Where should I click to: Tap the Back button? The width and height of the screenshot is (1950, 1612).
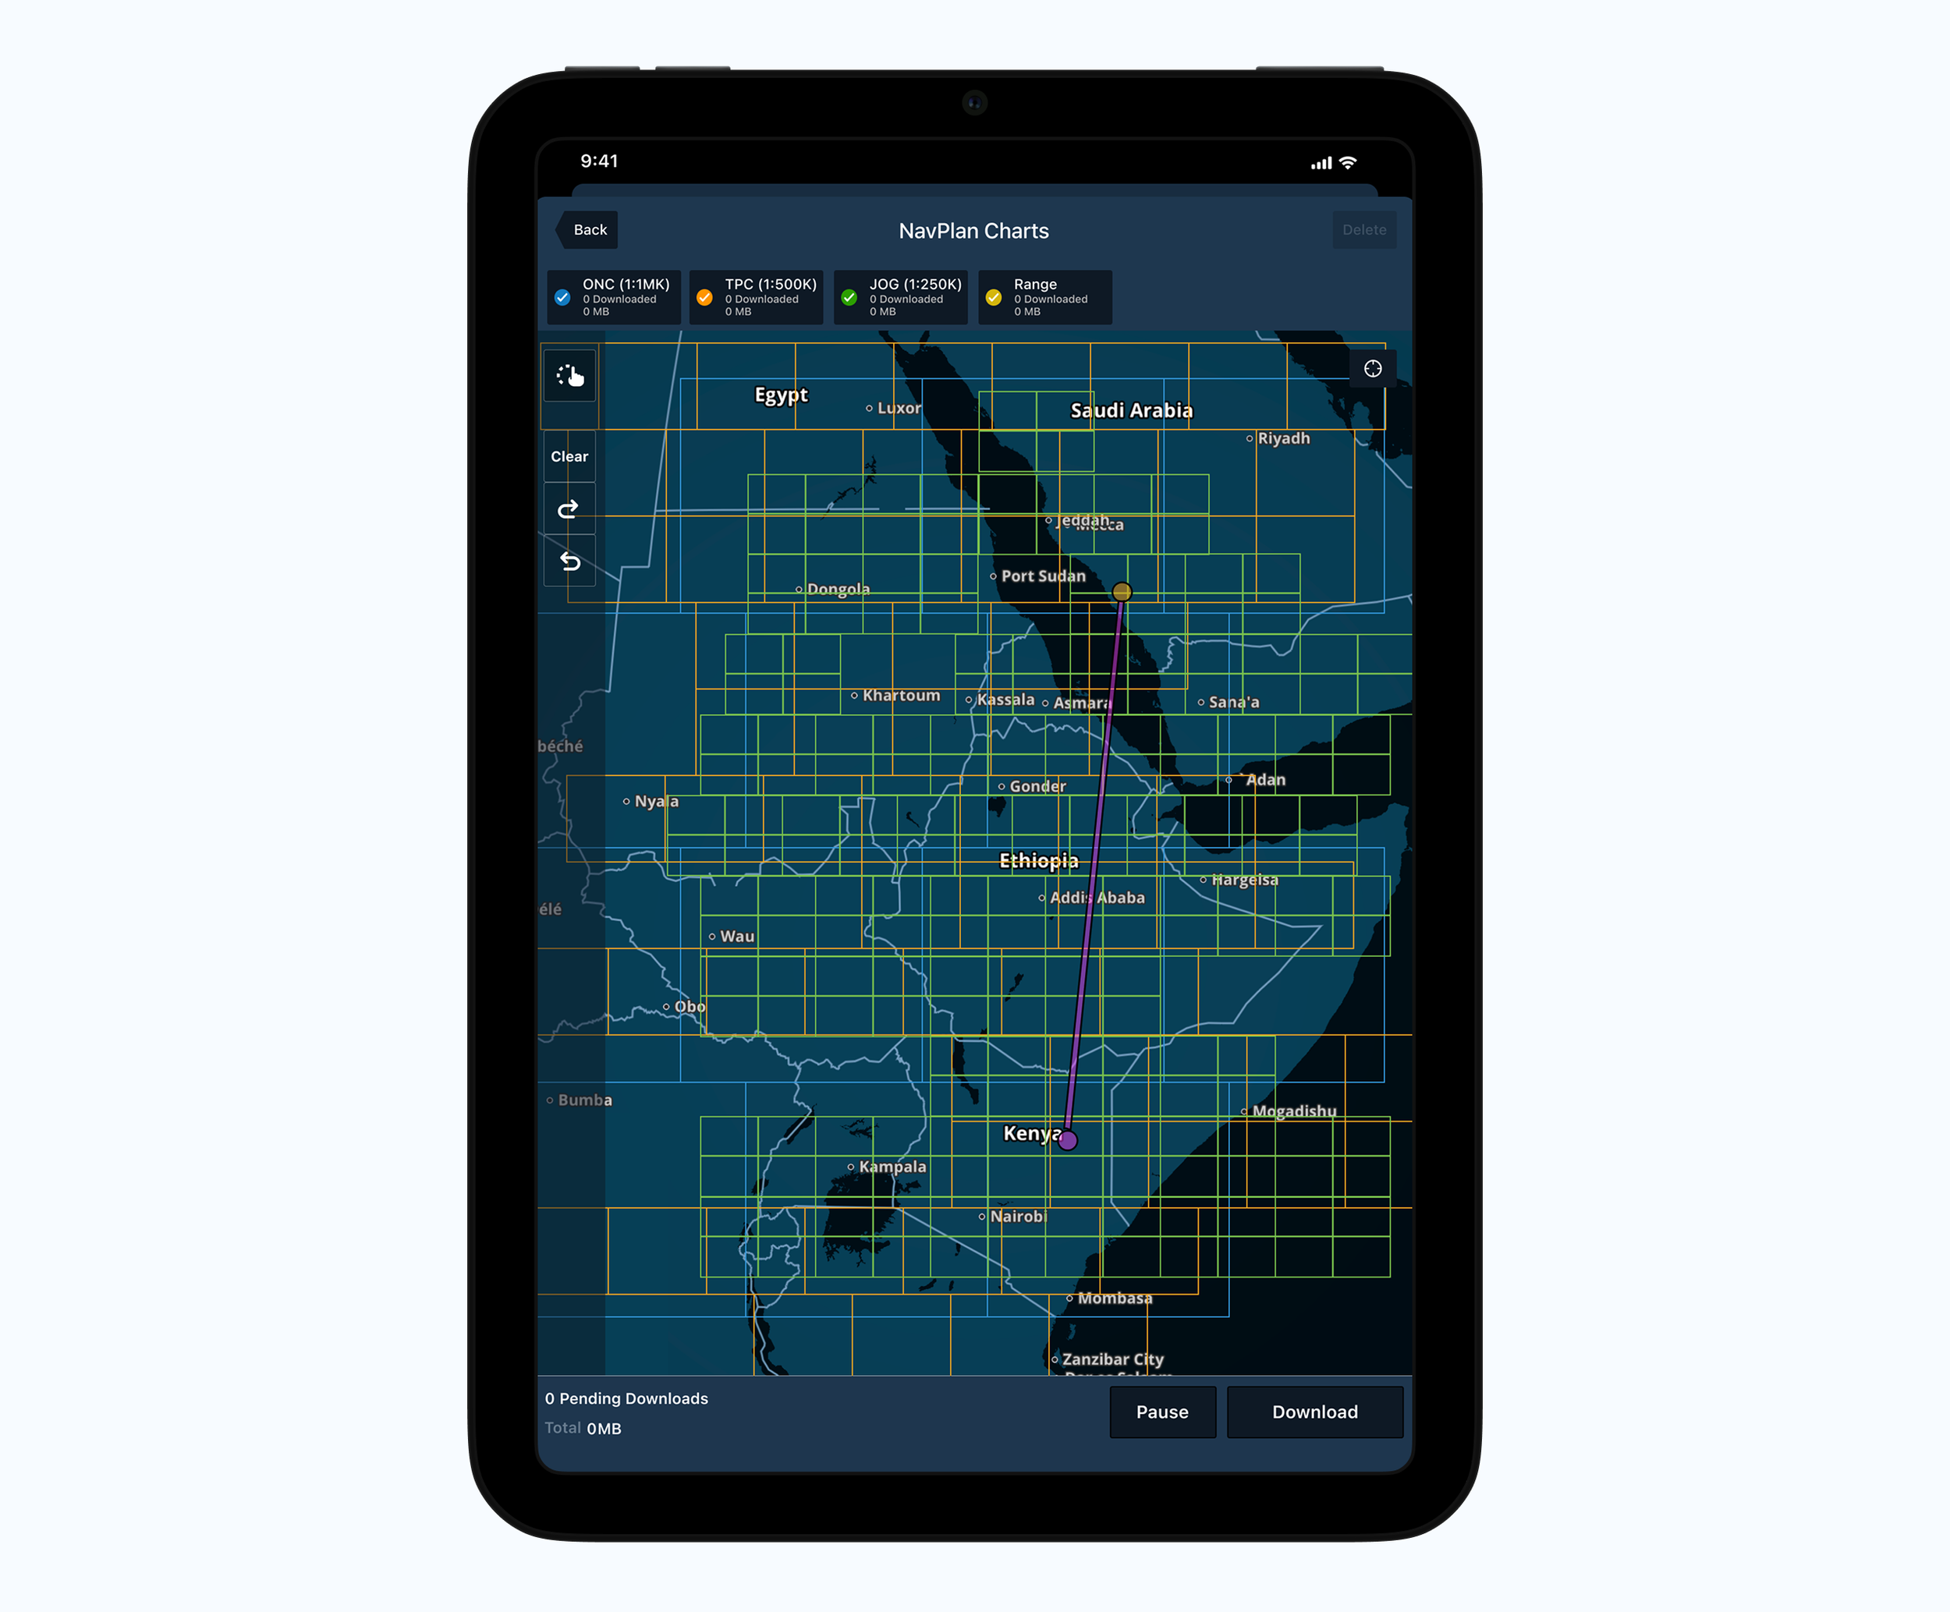pyautogui.click(x=589, y=229)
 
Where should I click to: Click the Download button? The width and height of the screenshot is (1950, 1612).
pyautogui.click(x=1314, y=1412)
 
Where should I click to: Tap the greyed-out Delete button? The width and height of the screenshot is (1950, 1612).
pyautogui.click(x=1363, y=229)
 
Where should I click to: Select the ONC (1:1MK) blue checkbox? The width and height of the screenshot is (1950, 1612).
pyautogui.click(x=562, y=297)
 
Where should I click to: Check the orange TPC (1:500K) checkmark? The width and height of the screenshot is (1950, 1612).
pyautogui.click(x=705, y=297)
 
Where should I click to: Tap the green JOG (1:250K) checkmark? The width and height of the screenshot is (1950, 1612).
pyautogui.click(x=849, y=297)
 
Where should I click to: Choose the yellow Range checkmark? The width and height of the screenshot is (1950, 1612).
pyautogui.click(x=994, y=297)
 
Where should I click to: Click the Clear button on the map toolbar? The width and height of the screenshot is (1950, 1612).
pyautogui.click(x=569, y=456)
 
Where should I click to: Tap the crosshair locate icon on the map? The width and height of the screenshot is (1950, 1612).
pyautogui.click(x=1373, y=369)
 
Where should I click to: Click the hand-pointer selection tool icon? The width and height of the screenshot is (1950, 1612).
pyautogui.click(x=569, y=375)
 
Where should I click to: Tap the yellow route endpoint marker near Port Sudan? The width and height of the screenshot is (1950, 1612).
pyautogui.click(x=1122, y=591)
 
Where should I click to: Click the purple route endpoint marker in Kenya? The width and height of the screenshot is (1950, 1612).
pyautogui.click(x=1068, y=1140)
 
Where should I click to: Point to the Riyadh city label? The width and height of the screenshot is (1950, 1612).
pyautogui.click(x=1283, y=438)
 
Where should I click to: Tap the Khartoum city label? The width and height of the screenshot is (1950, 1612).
pyautogui.click(x=901, y=696)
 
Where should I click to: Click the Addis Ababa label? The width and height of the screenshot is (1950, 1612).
pyautogui.click(x=1097, y=898)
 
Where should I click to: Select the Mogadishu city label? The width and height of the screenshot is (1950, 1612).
pyautogui.click(x=1293, y=1111)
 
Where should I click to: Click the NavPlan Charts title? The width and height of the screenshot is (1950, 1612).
pyautogui.click(x=973, y=230)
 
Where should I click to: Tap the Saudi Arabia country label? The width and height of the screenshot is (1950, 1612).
pyautogui.click(x=1131, y=410)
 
